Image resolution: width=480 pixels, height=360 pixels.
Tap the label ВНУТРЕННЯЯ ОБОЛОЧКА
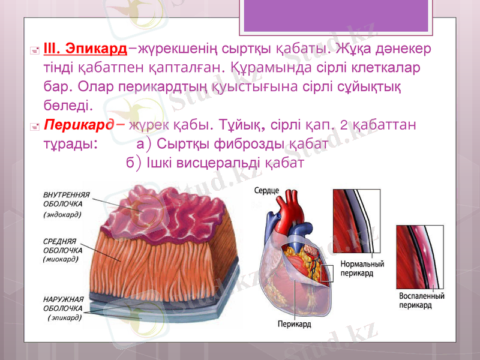tap(67, 199)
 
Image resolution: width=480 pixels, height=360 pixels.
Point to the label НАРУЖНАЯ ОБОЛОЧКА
tap(64, 303)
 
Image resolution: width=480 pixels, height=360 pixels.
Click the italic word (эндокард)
tap(63, 213)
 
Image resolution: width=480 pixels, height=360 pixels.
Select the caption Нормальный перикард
tap(362, 268)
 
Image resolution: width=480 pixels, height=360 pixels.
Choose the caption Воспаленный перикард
tap(422, 301)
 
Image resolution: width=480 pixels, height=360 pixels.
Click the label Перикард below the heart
tap(294, 325)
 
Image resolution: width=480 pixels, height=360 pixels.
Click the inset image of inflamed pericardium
tap(419, 256)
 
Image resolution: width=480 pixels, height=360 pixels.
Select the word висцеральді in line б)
tap(220, 162)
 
